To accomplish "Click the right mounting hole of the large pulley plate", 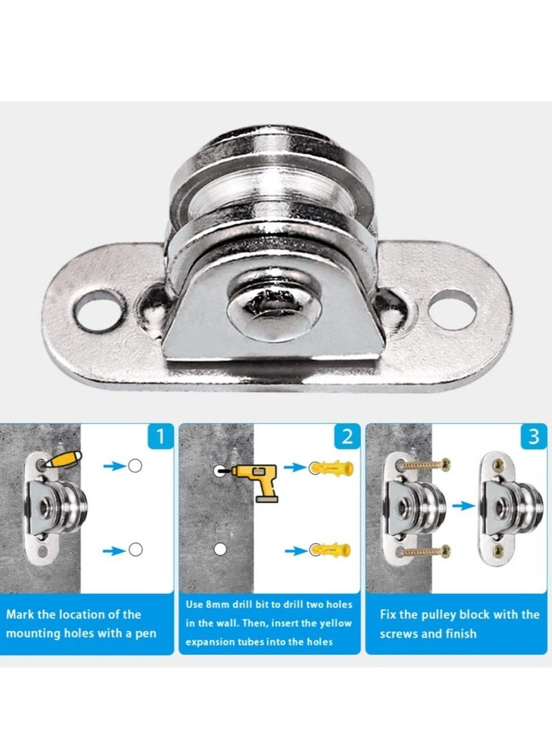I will click(452, 309).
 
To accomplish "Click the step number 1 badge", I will click(161, 437).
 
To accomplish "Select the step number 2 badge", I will click(347, 437).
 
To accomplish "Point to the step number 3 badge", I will click(533, 437).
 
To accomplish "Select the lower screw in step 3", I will click(425, 551).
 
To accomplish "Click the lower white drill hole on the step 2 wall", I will click(220, 549).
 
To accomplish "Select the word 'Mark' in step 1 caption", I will click(21, 614).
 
